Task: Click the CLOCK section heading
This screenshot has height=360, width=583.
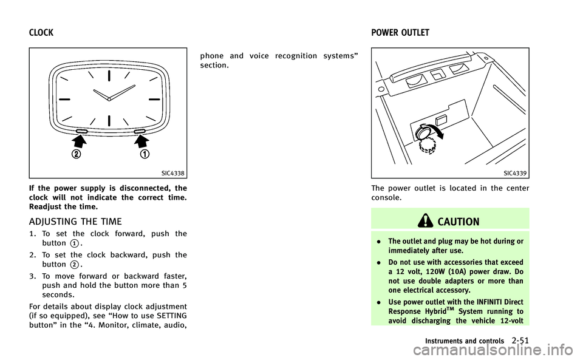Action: (x=41, y=33)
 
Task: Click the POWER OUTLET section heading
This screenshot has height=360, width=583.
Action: (x=400, y=33)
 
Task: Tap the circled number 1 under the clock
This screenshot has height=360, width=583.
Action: (x=145, y=154)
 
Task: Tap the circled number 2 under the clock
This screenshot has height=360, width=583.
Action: (x=77, y=154)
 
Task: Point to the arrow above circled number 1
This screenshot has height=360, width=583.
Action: (x=141, y=141)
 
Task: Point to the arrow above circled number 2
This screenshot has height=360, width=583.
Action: (x=79, y=141)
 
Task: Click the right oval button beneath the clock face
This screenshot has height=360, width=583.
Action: (x=140, y=131)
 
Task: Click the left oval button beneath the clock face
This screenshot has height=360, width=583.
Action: (x=82, y=131)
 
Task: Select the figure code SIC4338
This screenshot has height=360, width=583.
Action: (x=173, y=174)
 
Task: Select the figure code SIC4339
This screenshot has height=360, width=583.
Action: (x=515, y=174)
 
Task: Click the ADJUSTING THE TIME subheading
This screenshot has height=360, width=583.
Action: (x=75, y=222)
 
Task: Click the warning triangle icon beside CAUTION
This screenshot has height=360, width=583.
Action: (x=425, y=221)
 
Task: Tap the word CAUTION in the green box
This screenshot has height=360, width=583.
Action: (x=459, y=222)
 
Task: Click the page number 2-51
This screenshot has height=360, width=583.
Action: (x=520, y=341)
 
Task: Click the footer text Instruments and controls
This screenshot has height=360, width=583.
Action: (x=465, y=341)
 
